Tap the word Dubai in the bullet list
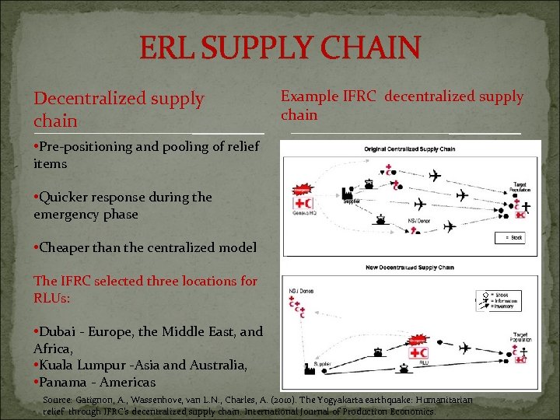click(59, 331)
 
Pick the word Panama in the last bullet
click(65, 382)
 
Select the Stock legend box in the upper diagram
click(509, 238)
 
